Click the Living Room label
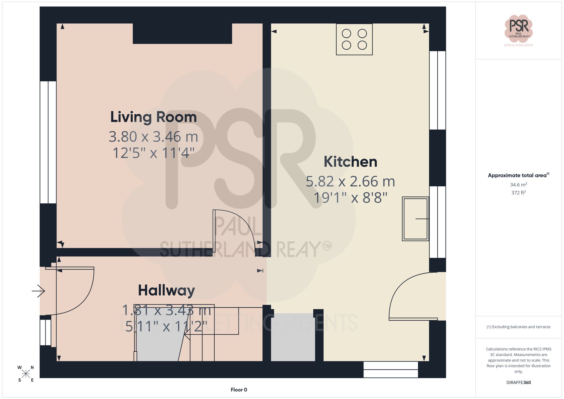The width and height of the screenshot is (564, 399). pyautogui.click(x=153, y=117)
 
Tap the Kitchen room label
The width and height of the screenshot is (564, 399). pyautogui.click(x=350, y=162)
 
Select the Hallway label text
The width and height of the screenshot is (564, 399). pyautogui.click(x=166, y=290)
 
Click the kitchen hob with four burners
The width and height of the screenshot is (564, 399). pyautogui.click(x=354, y=39)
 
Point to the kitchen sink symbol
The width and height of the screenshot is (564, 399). pyautogui.click(x=415, y=219)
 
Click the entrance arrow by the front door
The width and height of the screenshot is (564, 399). pyautogui.click(x=39, y=291)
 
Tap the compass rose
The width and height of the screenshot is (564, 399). pyautogui.click(x=26, y=374)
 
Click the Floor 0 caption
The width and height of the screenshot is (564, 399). pyautogui.click(x=239, y=390)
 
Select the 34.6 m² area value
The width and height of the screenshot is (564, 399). pyautogui.click(x=518, y=185)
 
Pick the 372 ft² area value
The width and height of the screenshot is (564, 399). pyautogui.click(x=518, y=193)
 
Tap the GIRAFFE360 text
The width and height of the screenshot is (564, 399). pyautogui.click(x=518, y=382)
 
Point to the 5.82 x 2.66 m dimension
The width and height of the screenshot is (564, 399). pyautogui.click(x=350, y=181)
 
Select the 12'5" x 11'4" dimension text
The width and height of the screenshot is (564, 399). pyautogui.click(x=153, y=153)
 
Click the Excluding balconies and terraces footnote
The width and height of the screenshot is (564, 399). pyautogui.click(x=518, y=327)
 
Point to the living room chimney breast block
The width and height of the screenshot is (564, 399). pyautogui.click(x=182, y=33)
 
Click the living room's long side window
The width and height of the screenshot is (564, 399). pyautogui.click(x=48, y=142)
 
